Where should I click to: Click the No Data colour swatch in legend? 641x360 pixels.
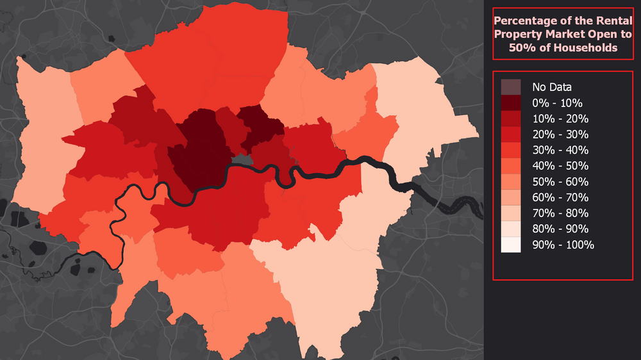[x=511, y=87]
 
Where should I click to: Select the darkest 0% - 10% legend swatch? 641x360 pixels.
[x=511, y=102]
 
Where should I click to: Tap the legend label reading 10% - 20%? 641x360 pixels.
[x=560, y=119]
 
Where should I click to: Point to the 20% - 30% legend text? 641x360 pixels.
[x=560, y=135]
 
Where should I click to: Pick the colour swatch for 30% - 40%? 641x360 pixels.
[x=511, y=150]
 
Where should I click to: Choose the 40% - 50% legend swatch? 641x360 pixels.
[x=511, y=166]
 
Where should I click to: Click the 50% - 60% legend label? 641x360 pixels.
[x=560, y=182]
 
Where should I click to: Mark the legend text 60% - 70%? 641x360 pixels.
[x=560, y=197]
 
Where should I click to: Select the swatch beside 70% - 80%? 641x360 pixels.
[x=511, y=213]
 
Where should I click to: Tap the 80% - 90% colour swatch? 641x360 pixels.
[x=511, y=229]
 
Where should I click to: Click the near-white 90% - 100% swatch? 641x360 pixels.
[x=511, y=245]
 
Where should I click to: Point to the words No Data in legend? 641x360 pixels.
[x=551, y=87]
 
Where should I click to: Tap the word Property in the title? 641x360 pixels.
[x=519, y=34]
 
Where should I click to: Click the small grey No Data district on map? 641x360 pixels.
[x=242, y=160]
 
